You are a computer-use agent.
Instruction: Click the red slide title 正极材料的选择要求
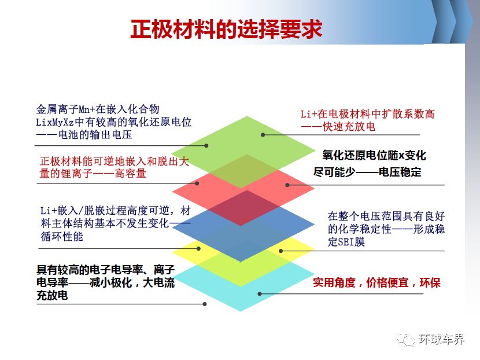(x=226, y=30)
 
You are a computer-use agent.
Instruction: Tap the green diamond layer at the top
(x=243, y=144)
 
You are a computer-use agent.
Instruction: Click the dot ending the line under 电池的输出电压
(x=206, y=146)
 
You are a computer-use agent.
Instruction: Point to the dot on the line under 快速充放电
(x=263, y=135)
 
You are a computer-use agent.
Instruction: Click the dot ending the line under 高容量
(x=197, y=183)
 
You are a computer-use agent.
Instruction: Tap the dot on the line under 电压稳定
(x=287, y=185)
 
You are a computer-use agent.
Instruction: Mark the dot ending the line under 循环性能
(x=198, y=248)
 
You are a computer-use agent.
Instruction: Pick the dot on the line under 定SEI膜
(x=281, y=251)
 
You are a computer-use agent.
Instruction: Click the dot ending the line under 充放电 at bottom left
(x=205, y=304)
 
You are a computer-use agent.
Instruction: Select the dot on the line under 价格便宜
(x=260, y=294)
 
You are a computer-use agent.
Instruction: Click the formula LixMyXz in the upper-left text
(x=55, y=122)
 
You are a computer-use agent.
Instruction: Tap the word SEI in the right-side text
(x=346, y=242)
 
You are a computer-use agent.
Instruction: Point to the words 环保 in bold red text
(x=430, y=282)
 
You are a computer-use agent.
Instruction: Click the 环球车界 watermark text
(x=441, y=339)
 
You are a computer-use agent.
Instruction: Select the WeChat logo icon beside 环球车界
(x=406, y=339)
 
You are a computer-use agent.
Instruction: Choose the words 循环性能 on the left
(x=62, y=237)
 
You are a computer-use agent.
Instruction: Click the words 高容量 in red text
(x=130, y=174)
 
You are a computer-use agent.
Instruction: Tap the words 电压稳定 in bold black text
(x=400, y=172)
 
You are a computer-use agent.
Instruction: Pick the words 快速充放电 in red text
(x=349, y=127)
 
